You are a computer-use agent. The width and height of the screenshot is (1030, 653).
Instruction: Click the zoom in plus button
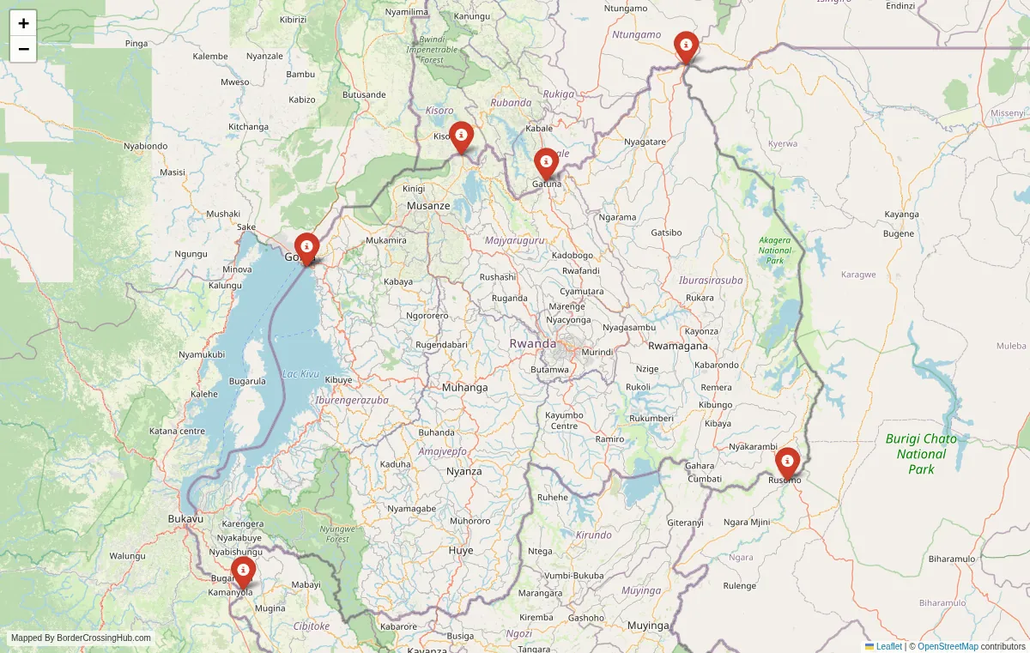pos(23,23)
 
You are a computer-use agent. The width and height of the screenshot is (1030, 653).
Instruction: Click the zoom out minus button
pos(23,49)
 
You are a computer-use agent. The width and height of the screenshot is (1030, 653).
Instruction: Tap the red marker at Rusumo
pos(787,463)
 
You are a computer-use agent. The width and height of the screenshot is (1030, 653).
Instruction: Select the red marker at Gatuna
pos(546,163)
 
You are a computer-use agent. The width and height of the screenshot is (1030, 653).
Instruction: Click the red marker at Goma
pos(306,248)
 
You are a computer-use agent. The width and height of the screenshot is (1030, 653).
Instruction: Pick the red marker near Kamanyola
pos(243,571)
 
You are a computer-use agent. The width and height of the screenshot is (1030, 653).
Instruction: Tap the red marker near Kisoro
pos(461,136)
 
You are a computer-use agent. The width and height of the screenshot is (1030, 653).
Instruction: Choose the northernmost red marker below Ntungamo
pos(685,46)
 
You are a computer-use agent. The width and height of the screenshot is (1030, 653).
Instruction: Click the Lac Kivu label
pos(300,374)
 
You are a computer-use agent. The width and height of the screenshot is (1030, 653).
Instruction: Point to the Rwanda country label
pos(532,343)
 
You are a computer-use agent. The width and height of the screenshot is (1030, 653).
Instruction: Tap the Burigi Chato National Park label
pos(921,454)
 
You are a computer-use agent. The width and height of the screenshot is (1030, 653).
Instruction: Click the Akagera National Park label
pos(775,250)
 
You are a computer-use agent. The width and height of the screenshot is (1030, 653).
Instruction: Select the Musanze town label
pos(428,206)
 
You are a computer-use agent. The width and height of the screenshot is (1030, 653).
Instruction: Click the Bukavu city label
pos(185,519)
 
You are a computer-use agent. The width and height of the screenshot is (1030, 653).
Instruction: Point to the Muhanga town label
pos(464,388)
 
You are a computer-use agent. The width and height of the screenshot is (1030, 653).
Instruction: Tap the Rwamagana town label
pos(678,346)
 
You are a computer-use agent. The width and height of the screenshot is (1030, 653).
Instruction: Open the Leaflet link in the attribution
pos(888,646)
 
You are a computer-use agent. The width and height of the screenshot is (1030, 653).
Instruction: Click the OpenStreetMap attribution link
pos(948,646)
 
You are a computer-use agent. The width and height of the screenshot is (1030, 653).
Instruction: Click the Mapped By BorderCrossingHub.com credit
pos(81,638)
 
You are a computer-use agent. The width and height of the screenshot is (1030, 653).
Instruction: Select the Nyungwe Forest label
pos(337,534)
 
